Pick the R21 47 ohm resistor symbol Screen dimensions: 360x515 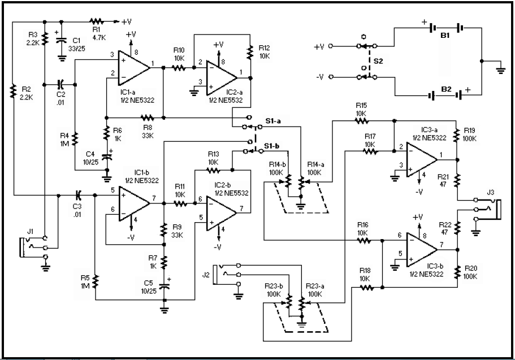click(457, 180)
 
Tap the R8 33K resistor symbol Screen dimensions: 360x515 click(147, 118)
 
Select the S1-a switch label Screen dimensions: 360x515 click(274, 120)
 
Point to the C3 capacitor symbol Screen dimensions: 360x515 click(79, 195)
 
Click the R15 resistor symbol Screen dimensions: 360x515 click(361, 120)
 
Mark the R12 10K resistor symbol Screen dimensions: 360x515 click(249, 52)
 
